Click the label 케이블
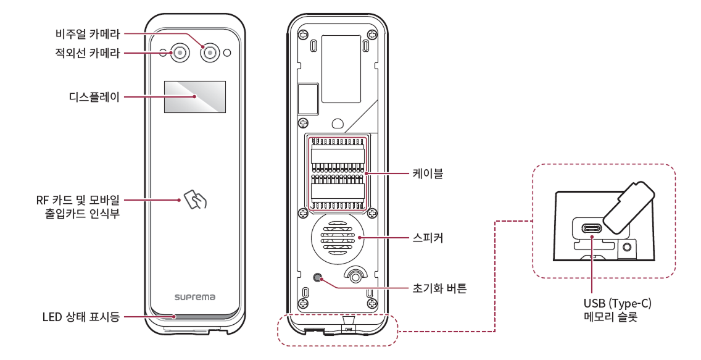[x=428, y=174]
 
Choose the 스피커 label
[x=428, y=237]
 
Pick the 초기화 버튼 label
[x=439, y=288]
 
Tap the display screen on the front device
[x=194, y=97]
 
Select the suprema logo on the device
[x=194, y=297]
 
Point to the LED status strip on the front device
[x=194, y=317]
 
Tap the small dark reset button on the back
[x=318, y=278]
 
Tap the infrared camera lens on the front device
[x=180, y=52]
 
